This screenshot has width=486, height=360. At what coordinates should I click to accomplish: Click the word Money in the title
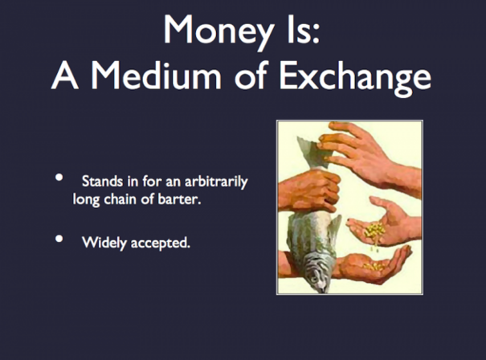pyautogui.click(x=218, y=31)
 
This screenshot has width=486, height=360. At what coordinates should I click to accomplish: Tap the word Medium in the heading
pyautogui.click(x=156, y=76)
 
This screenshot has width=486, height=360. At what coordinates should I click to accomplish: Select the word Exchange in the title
pyautogui.click(x=355, y=77)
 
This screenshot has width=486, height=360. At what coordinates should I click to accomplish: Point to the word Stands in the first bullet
pyautogui.click(x=102, y=181)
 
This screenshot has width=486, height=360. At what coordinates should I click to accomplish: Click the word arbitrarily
pyautogui.click(x=216, y=182)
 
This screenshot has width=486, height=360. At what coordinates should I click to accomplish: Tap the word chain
pyautogui.click(x=120, y=199)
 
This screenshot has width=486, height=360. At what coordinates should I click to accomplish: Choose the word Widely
pyautogui.click(x=104, y=243)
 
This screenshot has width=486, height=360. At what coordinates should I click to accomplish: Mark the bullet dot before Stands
pyautogui.click(x=59, y=178)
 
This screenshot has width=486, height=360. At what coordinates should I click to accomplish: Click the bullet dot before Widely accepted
pyautogui.click(x=59, y=239)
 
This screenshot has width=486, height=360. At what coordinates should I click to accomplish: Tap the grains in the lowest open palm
pyautogui.click(x=374, y=266)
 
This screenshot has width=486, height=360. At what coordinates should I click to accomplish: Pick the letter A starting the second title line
pyautogui.click(x=64, y=76)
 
